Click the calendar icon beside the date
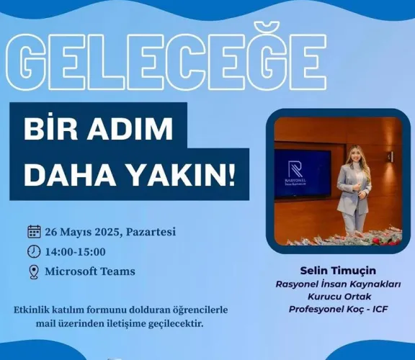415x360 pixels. [x=34, y=232]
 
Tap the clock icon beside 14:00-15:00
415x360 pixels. [x=34, y=251]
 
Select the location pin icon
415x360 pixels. [x=34, y=271]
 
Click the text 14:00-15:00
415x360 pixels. [x=76, y=251]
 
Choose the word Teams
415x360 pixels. [x=118, y=271]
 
